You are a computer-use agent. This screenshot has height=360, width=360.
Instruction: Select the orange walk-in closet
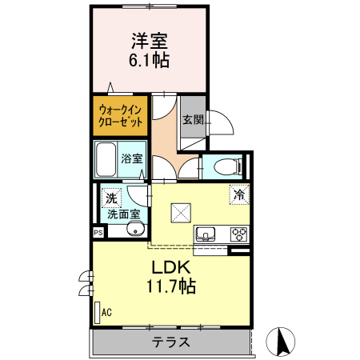(121, 116)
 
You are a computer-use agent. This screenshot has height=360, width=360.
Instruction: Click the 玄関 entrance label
(192, 120)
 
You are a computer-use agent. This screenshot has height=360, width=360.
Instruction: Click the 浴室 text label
(132, 159)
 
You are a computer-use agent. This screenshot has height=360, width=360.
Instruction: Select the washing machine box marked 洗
(110, 196)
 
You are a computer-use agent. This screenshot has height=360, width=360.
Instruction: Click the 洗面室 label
(123, 214)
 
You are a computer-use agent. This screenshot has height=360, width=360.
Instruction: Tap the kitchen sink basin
(206, 234)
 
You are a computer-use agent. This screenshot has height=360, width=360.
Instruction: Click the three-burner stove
(238, 234)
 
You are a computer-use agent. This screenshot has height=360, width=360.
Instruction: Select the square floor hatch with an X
(179, 212)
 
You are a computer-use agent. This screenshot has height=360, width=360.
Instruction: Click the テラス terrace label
(171, 342)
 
